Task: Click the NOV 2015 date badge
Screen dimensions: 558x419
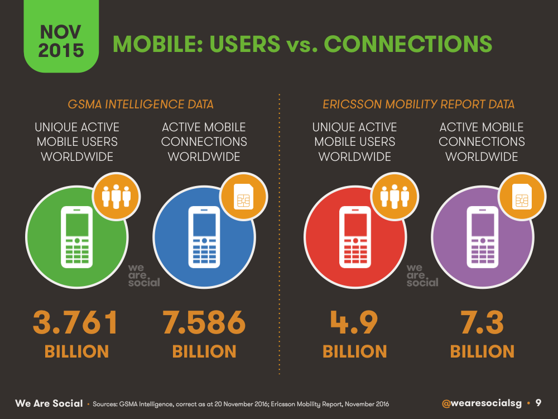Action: tap(61, 36)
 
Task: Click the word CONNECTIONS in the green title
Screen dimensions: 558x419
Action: tap(408, 44)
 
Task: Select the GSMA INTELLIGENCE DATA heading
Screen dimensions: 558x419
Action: tap(141, 104)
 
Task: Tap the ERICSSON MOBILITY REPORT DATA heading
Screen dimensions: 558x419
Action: tap(419, 104)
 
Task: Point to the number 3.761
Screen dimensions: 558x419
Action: tap(75, 322)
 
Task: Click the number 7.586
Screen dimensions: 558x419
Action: tap(204, 322)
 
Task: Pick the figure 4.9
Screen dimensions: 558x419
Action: tap(354, 322)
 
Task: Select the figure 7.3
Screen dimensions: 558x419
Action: tap(482, 322)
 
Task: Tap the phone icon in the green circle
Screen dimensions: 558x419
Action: tap(77, 237)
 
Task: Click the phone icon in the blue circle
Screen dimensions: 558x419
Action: tap(204, 237)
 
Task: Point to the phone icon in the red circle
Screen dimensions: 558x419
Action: tap(355, 237)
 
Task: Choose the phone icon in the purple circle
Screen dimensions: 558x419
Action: tap(483, 237)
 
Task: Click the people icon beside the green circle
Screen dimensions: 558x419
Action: tap(117, 196)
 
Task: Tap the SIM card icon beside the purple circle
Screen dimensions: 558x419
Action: tap(522, 196)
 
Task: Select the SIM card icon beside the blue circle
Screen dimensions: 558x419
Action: tap(243, 196)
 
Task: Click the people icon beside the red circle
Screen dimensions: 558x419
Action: tap(395, 196)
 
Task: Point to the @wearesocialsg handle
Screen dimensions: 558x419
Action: tap(482, 403)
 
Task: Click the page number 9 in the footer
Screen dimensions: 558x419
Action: tap(538, 403)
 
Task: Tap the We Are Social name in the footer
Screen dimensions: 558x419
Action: tap(49, 403)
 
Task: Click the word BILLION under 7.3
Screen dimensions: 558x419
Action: tap(482, 351)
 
